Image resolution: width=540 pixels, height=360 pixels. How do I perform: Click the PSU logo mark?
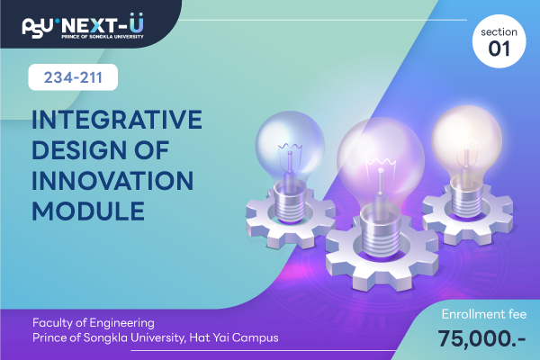pos(38,27)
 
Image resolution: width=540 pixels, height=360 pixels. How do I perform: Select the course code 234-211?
pos(73,77)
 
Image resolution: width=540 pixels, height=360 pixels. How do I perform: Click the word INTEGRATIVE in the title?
pos(117,120)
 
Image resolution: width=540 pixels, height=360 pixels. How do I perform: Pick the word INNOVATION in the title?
pos(112,181)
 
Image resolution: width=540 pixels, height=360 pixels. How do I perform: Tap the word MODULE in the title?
pos(88,211)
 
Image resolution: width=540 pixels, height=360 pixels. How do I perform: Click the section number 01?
pos(499,49)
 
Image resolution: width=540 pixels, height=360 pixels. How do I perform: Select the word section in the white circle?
pos(499,32)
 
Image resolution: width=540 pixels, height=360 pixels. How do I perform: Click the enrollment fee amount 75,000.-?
pos(482,338)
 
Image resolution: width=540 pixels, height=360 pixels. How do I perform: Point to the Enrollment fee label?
pos(484,314)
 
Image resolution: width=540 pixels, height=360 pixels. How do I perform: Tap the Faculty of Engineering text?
pos(94,323)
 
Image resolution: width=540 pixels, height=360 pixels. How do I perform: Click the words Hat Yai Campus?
pos(234,337)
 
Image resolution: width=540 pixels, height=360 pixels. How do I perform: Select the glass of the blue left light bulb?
pos(290,146)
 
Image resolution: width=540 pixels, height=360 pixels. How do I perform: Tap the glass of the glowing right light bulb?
pos(466,140)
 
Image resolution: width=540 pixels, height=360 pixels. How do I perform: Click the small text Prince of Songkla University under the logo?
pos(103,37)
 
